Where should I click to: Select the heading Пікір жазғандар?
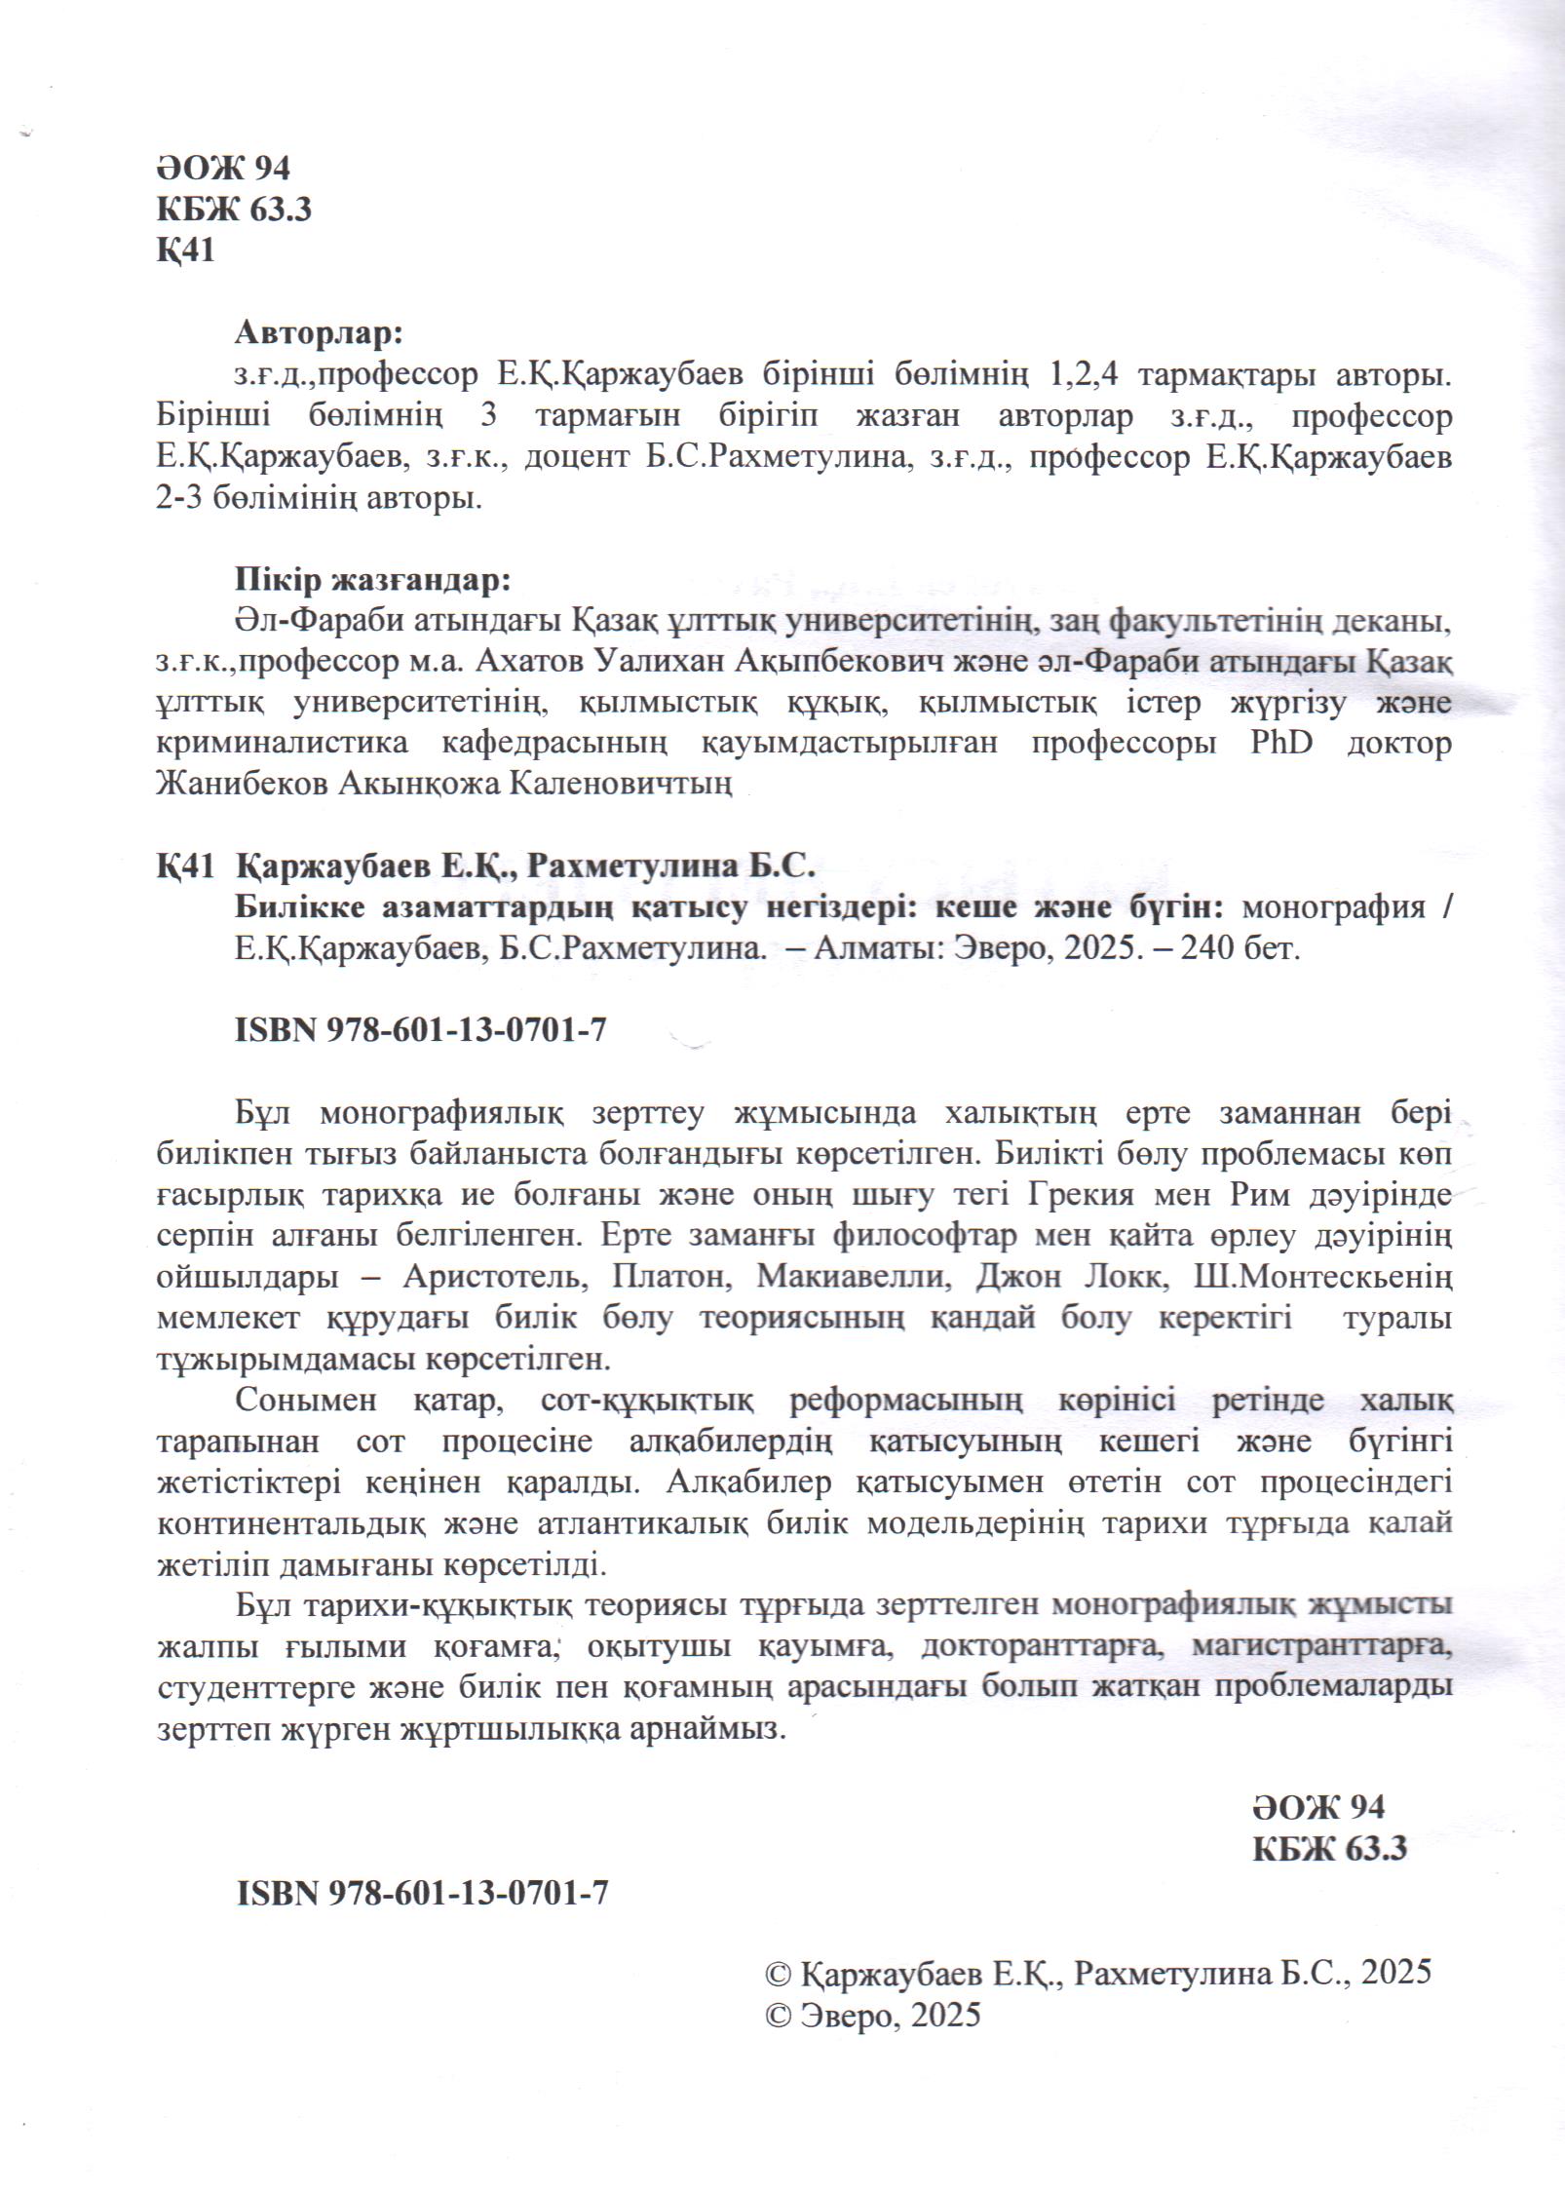[372, 581]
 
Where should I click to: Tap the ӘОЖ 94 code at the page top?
[223, 169]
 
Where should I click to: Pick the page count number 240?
[1208, 949]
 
